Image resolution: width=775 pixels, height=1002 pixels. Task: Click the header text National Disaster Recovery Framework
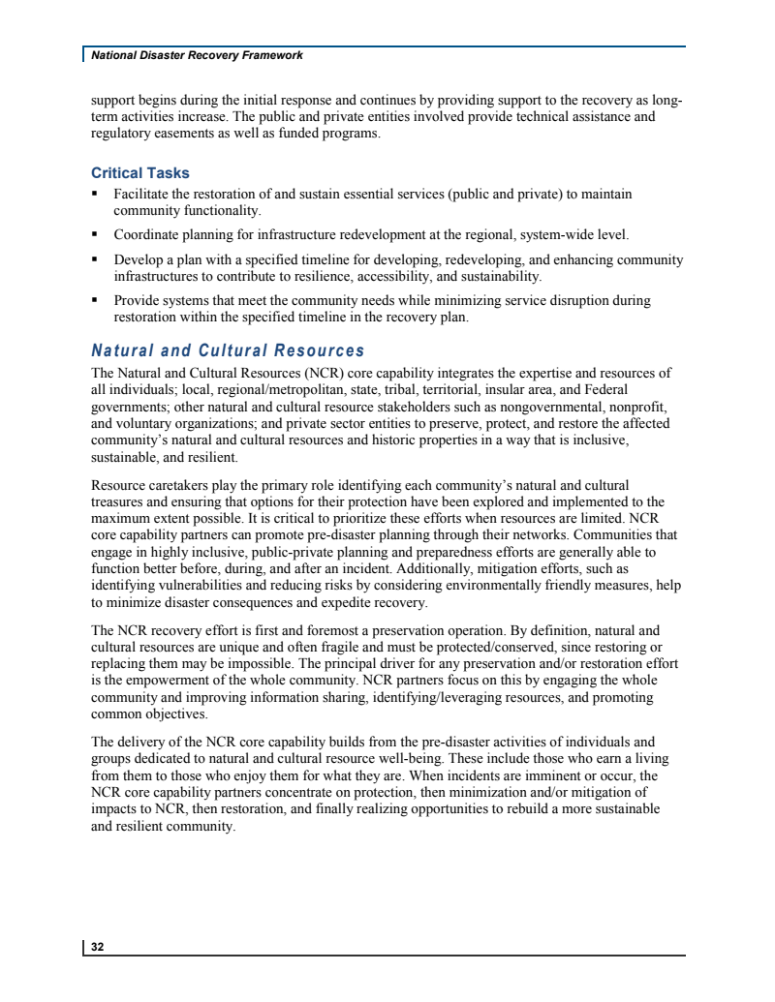197,55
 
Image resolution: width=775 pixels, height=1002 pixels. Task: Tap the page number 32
98,947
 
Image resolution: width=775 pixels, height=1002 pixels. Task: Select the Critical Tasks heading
140,173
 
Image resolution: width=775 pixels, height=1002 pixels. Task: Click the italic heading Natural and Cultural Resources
228,350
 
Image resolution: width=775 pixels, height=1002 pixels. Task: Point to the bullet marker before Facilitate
96,195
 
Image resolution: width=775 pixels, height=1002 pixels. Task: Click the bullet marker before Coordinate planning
96,234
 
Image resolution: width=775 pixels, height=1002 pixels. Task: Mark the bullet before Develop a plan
96,260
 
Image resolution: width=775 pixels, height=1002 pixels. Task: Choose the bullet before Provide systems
96,301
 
